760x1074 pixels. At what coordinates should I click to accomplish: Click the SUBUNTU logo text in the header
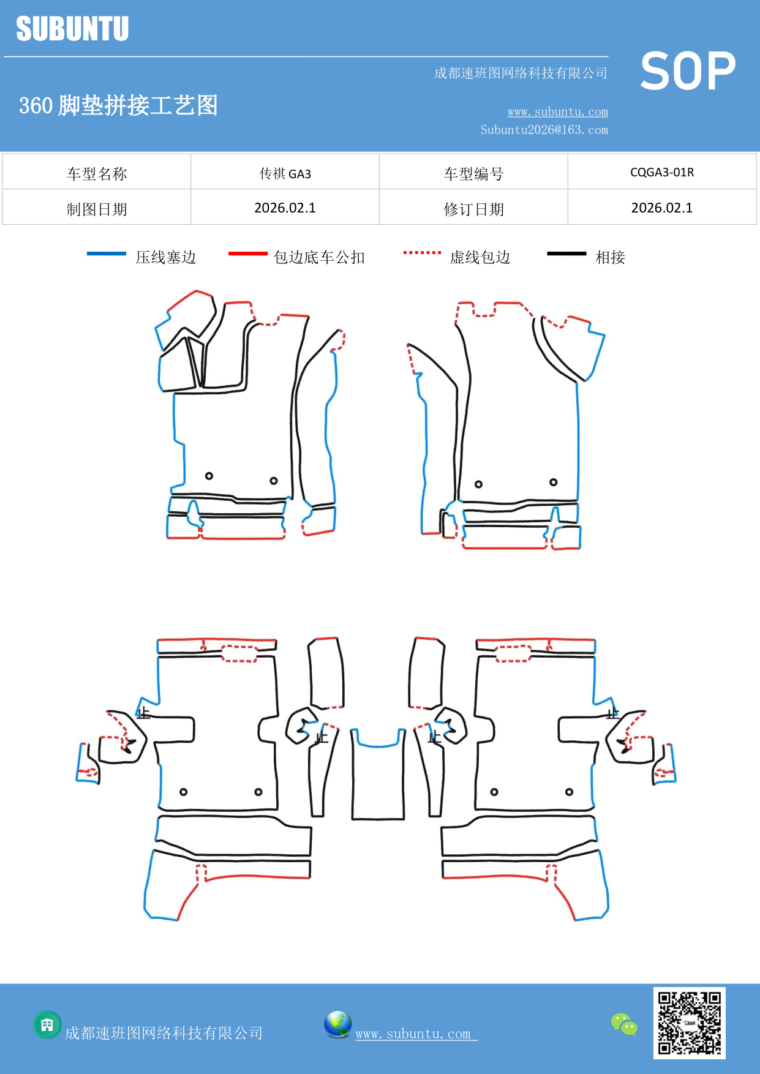72,29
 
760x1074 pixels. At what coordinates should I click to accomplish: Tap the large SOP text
688,72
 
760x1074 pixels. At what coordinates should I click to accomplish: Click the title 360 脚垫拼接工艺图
118,105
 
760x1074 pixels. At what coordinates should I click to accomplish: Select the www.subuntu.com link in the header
557,111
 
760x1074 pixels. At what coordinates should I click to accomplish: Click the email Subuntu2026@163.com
544,130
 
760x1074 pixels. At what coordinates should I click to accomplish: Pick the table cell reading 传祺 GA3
285,173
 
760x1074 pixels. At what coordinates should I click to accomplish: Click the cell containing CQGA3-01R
662,172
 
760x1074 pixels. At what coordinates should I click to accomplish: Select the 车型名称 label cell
97,173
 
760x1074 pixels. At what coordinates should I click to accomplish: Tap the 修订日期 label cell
473,209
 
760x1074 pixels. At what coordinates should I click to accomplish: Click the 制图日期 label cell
97,209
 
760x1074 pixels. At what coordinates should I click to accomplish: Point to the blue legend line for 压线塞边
107,253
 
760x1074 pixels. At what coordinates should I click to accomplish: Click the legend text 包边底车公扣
319,257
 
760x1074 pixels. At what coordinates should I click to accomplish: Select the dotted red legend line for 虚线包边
422,252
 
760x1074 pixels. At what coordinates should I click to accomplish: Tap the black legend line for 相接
566,253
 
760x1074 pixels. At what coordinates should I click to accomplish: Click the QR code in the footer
689,1023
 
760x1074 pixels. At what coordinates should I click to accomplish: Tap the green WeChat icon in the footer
624,1024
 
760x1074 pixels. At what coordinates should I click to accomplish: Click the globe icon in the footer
337,1024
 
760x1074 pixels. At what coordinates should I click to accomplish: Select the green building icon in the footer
47,1024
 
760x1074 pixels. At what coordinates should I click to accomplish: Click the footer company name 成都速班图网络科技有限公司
164,1033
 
